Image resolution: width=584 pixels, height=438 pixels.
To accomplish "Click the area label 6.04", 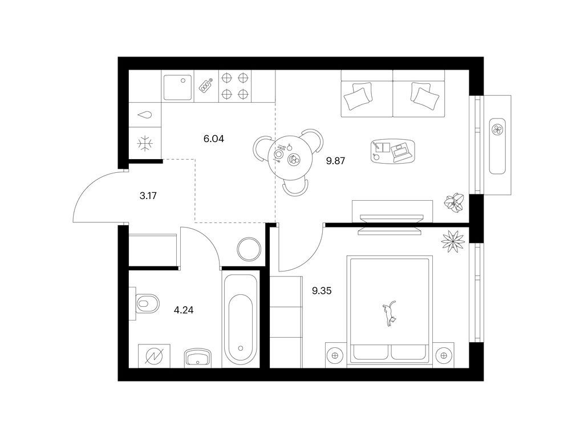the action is [214, 139].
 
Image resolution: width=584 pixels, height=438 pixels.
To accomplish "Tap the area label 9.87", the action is [335, 161].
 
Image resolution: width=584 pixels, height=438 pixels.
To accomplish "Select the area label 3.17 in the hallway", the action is [148, 195].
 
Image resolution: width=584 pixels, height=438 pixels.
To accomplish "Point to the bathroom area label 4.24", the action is [184, 310].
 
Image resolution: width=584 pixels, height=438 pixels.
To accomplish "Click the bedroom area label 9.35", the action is [322, 291].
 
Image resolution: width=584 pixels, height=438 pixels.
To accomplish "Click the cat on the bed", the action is [389, 314].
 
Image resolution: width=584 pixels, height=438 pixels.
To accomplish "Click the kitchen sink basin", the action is [178, 87].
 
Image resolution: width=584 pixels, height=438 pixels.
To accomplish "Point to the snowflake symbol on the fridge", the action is [145, 144].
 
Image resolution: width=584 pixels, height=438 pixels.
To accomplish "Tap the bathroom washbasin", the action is [197, 358].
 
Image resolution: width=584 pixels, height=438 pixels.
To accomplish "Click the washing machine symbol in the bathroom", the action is [154, 356].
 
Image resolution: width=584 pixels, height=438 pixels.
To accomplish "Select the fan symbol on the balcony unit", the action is [497, 129].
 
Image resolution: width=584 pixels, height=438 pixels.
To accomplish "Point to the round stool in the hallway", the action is [249, 250].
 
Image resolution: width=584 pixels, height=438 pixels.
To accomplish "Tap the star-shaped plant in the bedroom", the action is [452, 241].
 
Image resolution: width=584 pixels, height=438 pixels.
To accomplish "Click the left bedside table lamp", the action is [335, 355].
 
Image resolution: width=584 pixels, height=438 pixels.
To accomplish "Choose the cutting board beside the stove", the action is [206, 86].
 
